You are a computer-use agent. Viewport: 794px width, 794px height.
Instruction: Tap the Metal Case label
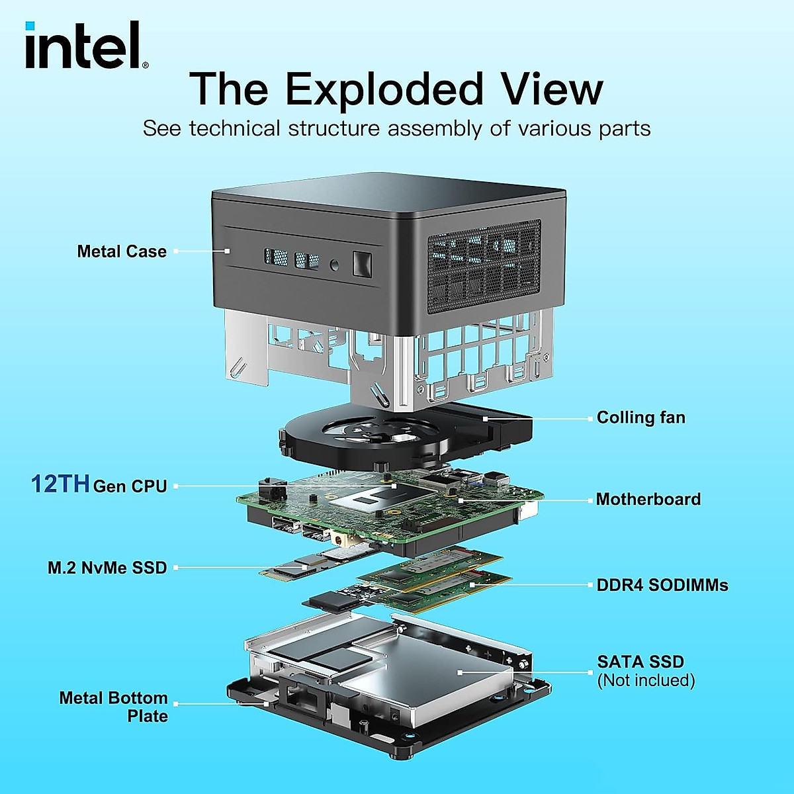(x=122, y=251)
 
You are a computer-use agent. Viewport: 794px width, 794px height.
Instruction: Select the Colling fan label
(x=640, y=418)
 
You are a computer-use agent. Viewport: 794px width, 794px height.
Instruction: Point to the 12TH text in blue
(x=60, y=484)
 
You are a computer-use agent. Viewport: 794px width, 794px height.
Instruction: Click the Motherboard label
(x=648, y=499)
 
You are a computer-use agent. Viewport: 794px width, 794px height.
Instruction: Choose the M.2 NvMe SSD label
(x=107, y=568)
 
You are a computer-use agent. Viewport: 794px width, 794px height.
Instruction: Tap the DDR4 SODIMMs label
(x=662, y=585)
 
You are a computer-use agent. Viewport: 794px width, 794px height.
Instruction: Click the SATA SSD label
(x=640, y=662)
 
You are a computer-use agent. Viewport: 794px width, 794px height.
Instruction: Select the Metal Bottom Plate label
(x=114, y=707)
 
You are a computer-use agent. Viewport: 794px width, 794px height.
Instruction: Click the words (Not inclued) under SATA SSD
(x=646, y=680)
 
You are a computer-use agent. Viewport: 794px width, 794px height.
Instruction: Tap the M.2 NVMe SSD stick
(x=311, y=562)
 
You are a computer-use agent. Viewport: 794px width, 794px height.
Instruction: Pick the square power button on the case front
(x=362, y=264)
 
